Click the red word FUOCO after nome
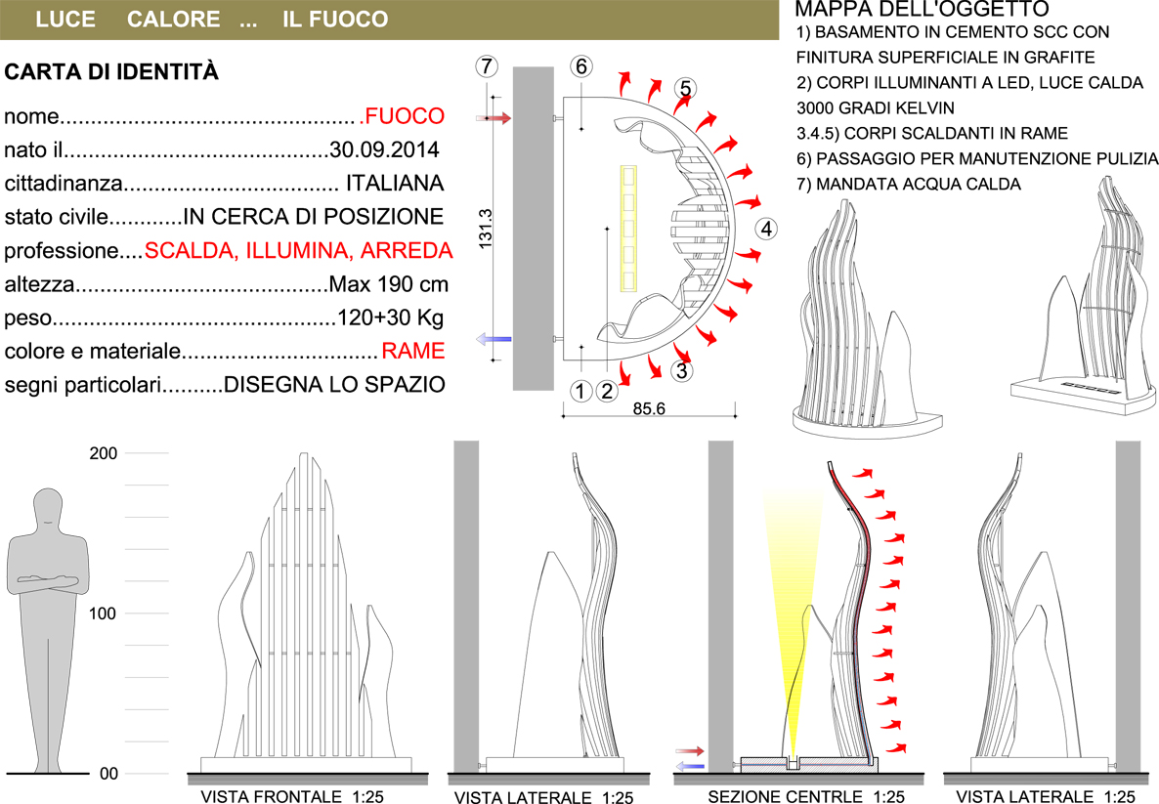[405, 116]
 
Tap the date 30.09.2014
[384, 149]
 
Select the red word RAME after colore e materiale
[413, 351]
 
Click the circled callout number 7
[486, 66]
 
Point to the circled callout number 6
[581, 66]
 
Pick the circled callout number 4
[766, 229]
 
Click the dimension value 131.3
[486, 229]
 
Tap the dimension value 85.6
[649, 408]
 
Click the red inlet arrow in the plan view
[494, 117]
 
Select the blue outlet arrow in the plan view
[494, 339]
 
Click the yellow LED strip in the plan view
[628, 228]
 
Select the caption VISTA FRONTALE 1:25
[293, 796]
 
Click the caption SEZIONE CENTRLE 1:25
[806, 796]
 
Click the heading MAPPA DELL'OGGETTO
[922, 9]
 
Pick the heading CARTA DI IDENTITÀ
[111, 71]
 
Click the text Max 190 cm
[388, 283]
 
